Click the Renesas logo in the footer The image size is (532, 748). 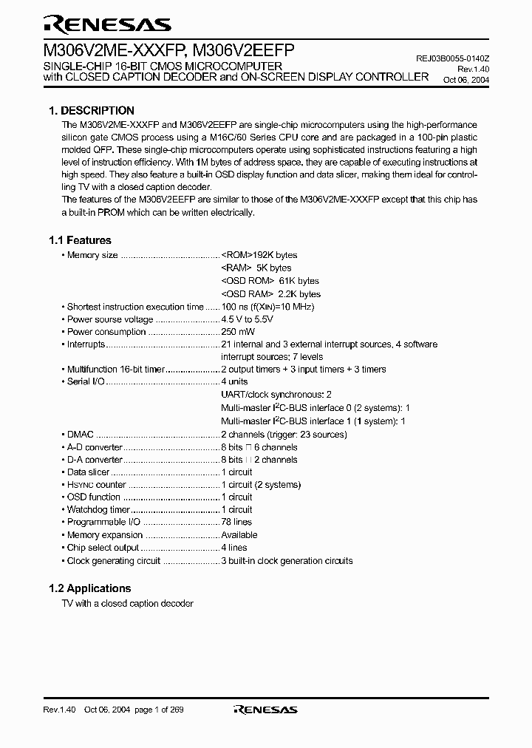click(265, 710)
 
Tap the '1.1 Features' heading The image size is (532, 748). click(80, 240)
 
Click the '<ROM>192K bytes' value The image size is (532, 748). click(259, 255)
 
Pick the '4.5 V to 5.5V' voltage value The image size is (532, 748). click(248, 319)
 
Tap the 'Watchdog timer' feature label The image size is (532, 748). click(98, 509)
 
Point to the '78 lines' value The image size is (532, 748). click(237, 522)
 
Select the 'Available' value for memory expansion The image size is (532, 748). click(239, 534)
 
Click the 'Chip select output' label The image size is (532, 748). click(103, 548)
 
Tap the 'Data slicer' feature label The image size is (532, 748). click(88, 472)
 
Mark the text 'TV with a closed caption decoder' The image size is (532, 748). click(127, 603)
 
